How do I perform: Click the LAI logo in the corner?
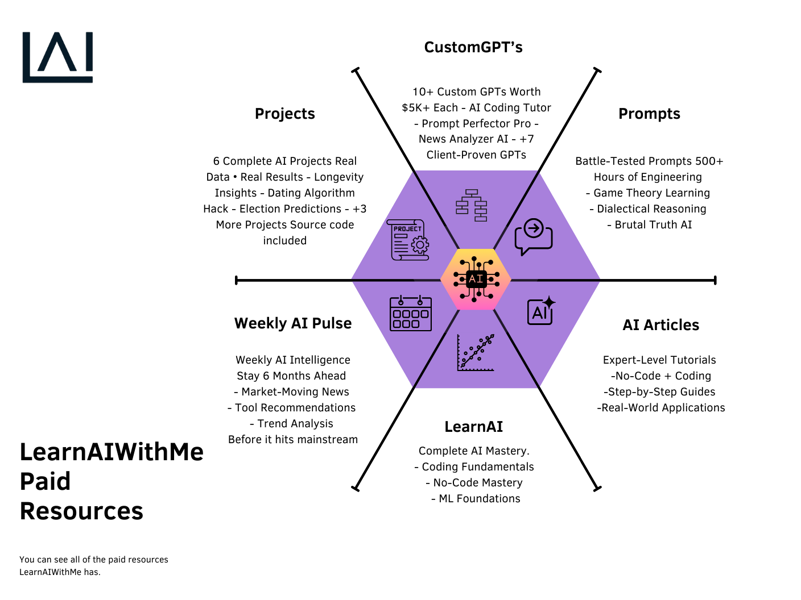57,57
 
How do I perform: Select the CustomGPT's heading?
473,47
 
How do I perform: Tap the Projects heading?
284,114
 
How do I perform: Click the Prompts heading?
649,114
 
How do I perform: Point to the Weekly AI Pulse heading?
293,323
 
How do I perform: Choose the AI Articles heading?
660,325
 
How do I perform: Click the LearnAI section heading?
473,427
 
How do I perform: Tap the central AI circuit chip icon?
476,279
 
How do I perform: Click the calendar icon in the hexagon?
410,313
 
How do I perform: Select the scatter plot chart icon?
476,353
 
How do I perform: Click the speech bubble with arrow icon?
533,237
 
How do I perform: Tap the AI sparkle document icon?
541,311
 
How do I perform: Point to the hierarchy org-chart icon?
472,205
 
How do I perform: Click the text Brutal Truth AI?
653,225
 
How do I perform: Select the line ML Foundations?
480,499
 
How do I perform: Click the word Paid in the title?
45,481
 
